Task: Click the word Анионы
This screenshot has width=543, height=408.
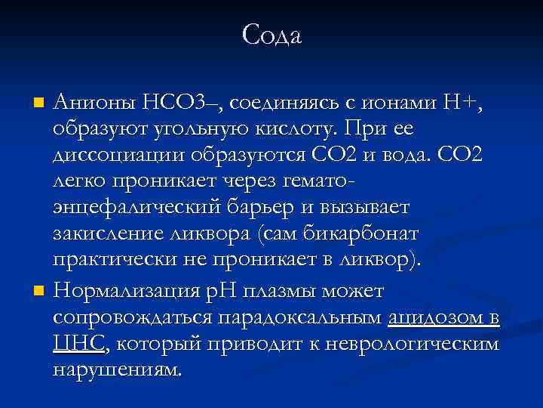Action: click(x=94, y=101)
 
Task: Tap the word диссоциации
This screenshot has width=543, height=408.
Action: click(x=114, y=155)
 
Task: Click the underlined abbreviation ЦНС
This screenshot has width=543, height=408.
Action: click(x=79, y=345)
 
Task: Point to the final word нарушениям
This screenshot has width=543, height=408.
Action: click(x=118, y=371)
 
